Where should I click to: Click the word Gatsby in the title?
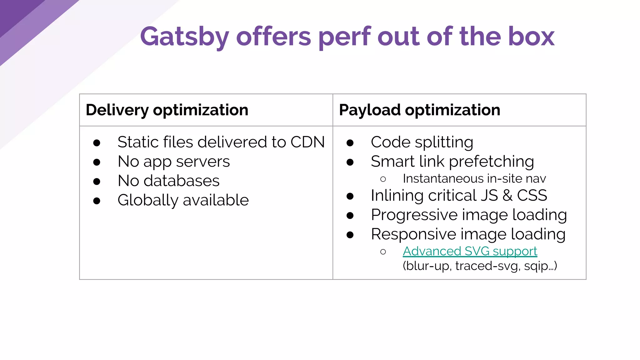184,37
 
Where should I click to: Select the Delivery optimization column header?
167,110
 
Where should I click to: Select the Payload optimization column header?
419,110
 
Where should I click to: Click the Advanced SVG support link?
470,251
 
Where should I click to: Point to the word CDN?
307,142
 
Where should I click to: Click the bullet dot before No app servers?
97,162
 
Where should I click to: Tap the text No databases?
168,181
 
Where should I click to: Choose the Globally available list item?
183,200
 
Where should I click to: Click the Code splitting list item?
422,142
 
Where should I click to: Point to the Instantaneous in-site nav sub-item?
474,179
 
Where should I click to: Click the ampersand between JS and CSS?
507,196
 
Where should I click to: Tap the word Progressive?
414,215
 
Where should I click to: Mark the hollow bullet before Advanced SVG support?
383,252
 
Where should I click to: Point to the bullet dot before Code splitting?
350,143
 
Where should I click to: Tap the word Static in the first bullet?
137,142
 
